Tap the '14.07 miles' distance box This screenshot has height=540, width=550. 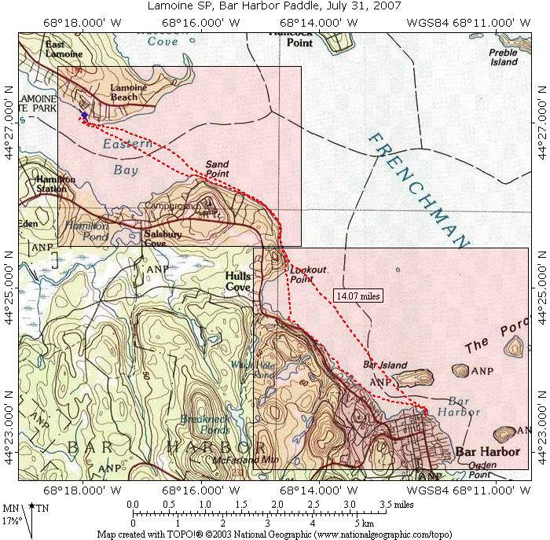[357, 296]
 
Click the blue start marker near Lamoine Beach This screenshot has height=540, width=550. [84, 116]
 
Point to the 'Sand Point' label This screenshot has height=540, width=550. [217, 168]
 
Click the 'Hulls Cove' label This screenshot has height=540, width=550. [237, 281]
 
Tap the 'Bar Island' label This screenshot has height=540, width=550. [379, 365]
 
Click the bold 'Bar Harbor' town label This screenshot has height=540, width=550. [487, 452]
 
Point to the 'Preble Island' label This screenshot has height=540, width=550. [503, 57]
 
